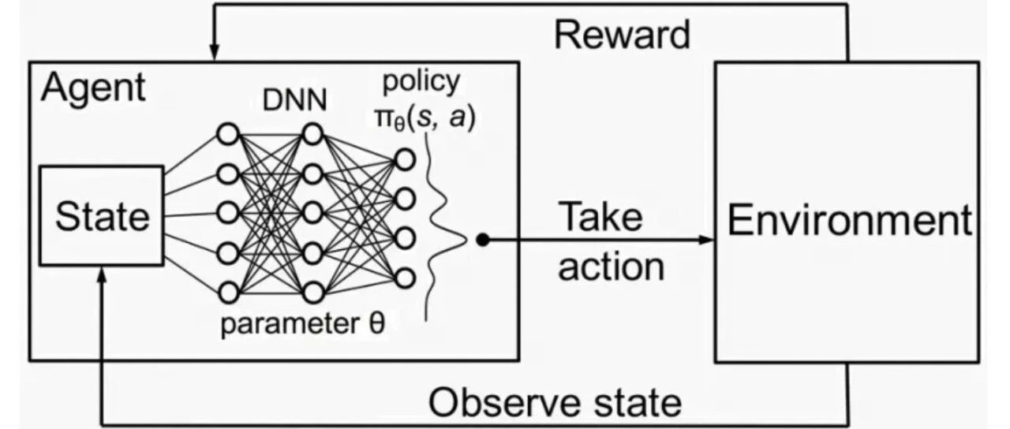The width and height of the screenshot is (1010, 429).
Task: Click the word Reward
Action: coord(623,35)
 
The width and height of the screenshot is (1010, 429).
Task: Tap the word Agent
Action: coord(93,88)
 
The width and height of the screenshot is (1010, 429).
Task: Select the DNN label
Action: coord(295,100)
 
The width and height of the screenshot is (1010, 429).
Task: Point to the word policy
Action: coord(421,83)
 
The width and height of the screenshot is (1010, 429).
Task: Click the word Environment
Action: coord(850,220)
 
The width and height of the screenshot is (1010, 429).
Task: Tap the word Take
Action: coord(600,217)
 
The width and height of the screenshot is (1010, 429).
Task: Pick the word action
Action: coord(612,267)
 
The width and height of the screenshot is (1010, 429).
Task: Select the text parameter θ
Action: coord(302,324)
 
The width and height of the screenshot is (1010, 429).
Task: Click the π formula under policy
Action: coord(425,119)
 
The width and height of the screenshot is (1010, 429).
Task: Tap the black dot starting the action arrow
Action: coord(482,241)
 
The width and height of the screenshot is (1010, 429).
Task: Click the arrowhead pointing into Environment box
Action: coord(705,240)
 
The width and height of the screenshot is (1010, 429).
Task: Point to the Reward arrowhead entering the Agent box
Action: coord(215,52)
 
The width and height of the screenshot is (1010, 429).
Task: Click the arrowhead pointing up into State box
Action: coord(102,274)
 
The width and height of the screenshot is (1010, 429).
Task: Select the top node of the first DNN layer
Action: coord(228,134)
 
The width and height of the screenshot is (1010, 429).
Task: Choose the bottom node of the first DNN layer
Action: coord(228,293)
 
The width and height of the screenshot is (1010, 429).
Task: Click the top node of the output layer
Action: coord(405,159)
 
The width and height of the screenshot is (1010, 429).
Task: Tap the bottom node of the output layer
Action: coord(405,278)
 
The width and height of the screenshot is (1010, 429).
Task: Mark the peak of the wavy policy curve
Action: coord(466,241)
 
